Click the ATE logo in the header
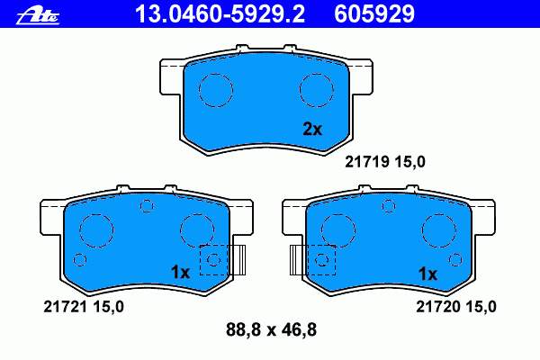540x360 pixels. pyautogui.click(x=38, y=16)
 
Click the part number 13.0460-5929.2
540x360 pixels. pyautogui.click(x=220, y=14)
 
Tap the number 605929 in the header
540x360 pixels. pyautogui.click(x=374, y=14)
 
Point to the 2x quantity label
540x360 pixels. pyautogui.click(x=312, y=130)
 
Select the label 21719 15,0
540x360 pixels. pyautogui.click(x=385, y=162)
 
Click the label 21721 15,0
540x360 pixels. pyautogui.click(x=84, y=307)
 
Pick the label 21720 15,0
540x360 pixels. pyautogui.click(x=456, y=307)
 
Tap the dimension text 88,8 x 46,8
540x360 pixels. pyautogui.click(x=271, y=329)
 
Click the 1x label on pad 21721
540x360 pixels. pyautogui.click(x=181, y=273)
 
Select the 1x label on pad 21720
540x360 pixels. pyautogui.click(x=427, y=274)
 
